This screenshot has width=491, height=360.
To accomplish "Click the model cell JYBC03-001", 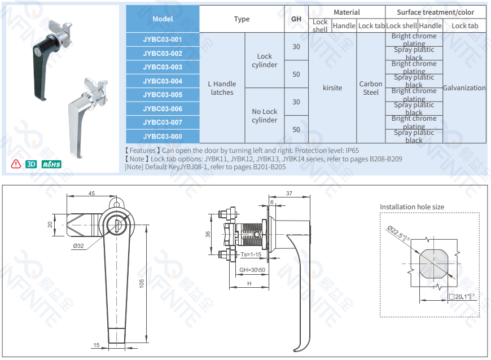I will coord(163,39).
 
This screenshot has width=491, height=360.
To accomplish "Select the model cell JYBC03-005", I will coord(163,95).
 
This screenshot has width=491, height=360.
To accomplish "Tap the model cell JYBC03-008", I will coord(163,137).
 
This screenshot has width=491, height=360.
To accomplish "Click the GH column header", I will coord(296,19).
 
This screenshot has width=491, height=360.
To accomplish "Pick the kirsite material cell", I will coord(332,88).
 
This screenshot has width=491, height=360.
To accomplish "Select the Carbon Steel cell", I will coord(371,88).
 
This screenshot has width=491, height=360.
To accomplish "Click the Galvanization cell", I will coord(464,88).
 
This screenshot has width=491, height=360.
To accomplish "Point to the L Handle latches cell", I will coord(222,88).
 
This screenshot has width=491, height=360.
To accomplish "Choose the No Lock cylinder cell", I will coord(264,116).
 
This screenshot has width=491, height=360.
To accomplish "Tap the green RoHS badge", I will coord(51,164).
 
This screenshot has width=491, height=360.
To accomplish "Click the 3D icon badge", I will coord(32,164).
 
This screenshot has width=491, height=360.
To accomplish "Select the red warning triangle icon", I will coord(16,164).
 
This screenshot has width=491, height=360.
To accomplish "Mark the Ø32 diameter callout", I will coord(78,245).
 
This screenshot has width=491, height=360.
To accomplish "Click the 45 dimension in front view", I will coord(91,194).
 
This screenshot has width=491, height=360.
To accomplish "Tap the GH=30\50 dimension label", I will coord(252,270).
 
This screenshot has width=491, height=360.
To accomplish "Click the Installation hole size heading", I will coord(411,207).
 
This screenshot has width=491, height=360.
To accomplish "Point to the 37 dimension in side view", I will coord(289,194).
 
